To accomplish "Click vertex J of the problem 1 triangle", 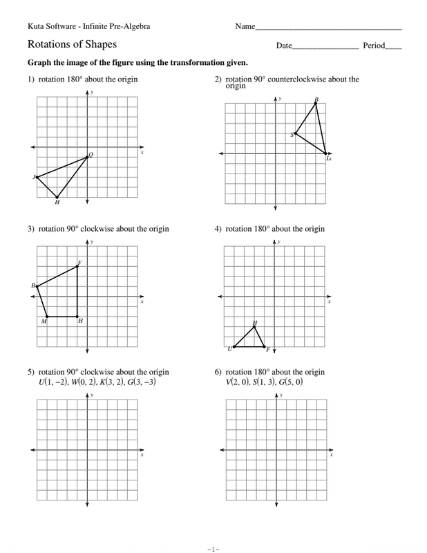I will click(x=37, y=178).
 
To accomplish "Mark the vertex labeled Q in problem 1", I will click(x=88, y=157).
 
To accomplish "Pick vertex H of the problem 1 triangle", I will click(x=57, y=198).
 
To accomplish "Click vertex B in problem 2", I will click(x=316, y=104).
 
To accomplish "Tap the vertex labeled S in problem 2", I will click(x=296, y=133).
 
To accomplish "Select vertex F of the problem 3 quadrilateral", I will click(x=77, y=266).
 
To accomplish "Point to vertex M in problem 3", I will click(x=46, y=317).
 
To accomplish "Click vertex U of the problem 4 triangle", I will click(x=234, y=347).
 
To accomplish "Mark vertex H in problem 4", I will click(x=255, y=326).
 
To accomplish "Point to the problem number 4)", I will click(x=218, y=229).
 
